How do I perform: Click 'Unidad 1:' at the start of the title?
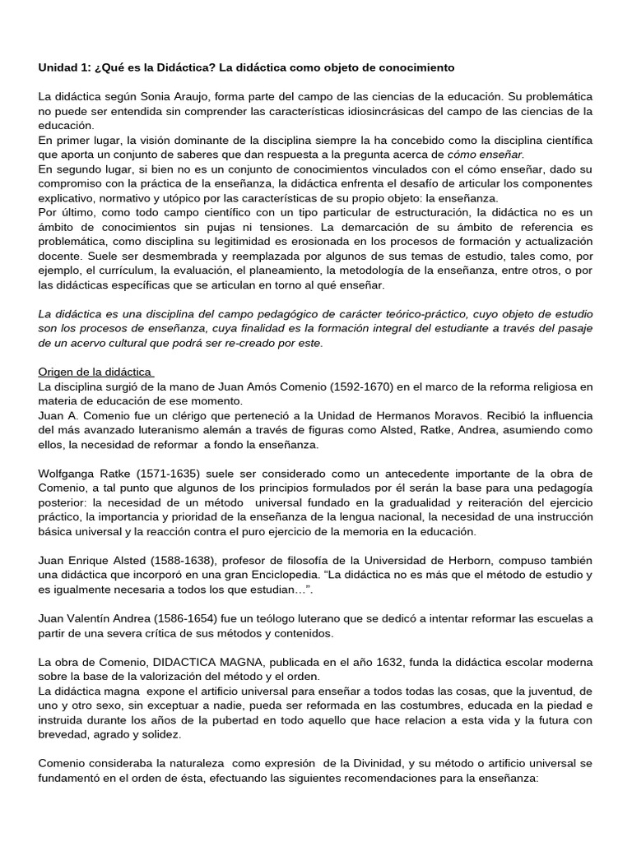tap(68, 66)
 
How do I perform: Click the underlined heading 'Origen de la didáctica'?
tap(95, 372)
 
